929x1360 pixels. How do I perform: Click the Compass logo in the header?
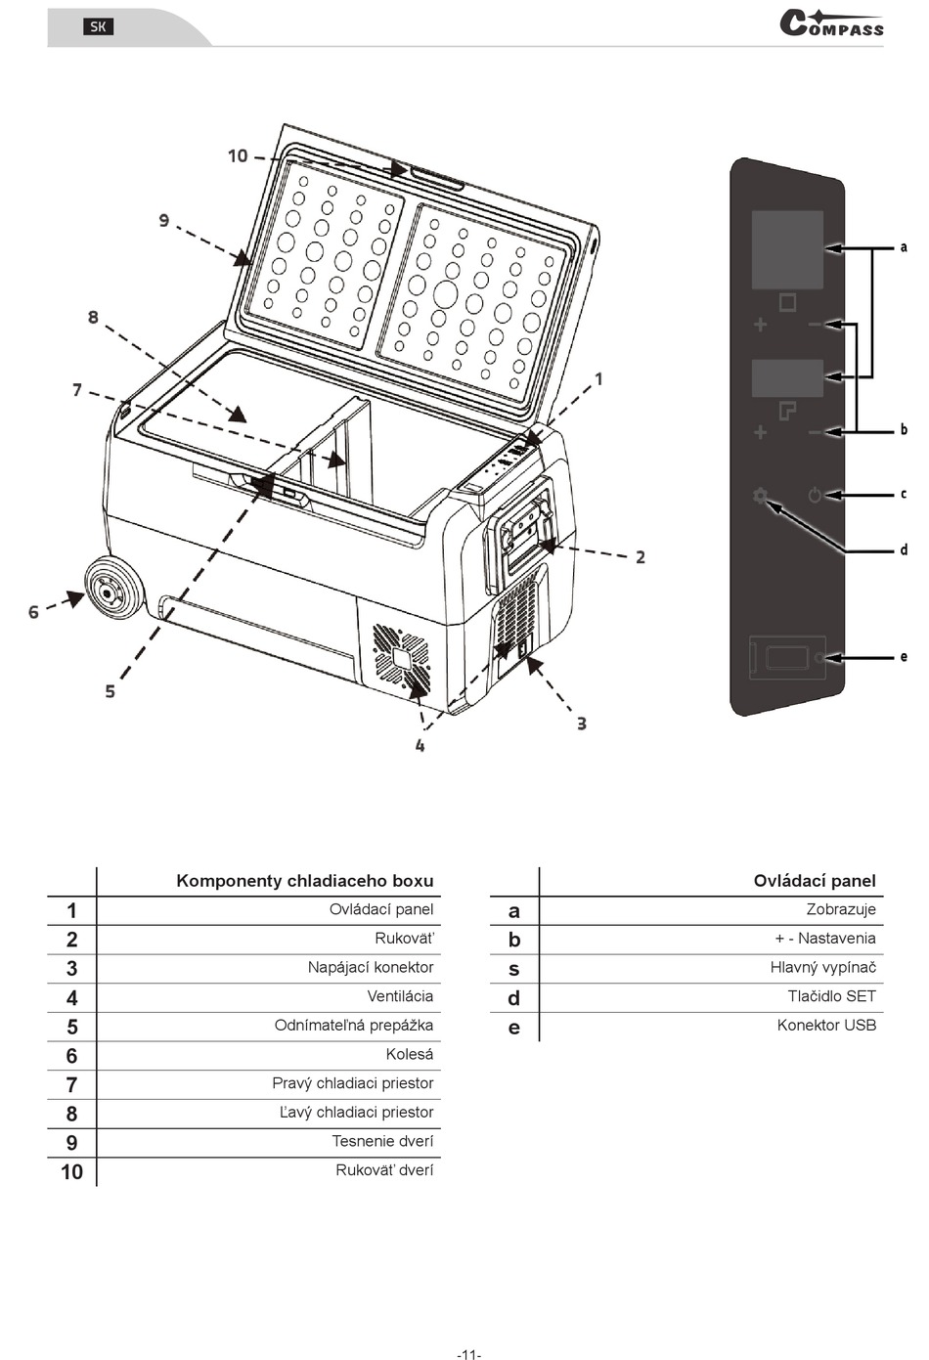(x=831, y=24)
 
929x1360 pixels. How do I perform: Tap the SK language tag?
(x=98, y=26)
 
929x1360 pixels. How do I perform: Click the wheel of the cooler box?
(x=114, y=590)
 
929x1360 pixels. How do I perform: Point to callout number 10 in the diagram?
(x=238, y=156)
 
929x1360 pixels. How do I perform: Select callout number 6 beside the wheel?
(x=33, y=612)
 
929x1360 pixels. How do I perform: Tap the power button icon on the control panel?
(x=815, y=496)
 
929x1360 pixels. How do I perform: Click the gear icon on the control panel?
(x=760, y=496)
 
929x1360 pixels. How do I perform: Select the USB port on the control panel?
(x=786, y=658)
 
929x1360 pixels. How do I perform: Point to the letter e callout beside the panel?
(x=904, y=657)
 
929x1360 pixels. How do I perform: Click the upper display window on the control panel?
(x=787, y=249)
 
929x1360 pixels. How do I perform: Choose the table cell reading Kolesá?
(x=409, y=1054)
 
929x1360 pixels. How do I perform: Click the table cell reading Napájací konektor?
(x=371, y=967)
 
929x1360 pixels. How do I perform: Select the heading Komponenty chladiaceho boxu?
(x=305, y=881)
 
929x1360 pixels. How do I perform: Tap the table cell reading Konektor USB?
(x=826, y=1025)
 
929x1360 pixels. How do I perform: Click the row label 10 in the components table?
(x=71, y=1171)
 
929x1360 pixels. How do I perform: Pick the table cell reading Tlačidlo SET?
(x=832, y=996)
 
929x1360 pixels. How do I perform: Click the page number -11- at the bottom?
(x=468, y=1353)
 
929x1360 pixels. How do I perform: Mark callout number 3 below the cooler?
(x=582, y=724)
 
